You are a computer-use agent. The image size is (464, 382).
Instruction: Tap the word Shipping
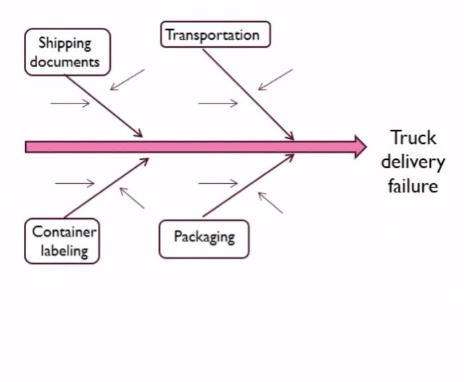coord(64,44)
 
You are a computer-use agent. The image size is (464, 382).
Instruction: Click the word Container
coord(64,232)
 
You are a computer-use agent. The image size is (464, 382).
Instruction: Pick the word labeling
coord(64,251)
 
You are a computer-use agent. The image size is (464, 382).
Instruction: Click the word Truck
coord(413,138)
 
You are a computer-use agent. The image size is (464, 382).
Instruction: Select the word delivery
coord(413,162)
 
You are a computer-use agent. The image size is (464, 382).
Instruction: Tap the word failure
coord(413,185)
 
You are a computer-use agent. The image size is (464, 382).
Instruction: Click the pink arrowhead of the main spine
coord(360,147)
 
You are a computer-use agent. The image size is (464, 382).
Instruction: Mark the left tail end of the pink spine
coord(28,147)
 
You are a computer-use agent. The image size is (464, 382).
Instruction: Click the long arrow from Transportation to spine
coord(248,94)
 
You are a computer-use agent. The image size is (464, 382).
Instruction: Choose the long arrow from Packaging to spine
coord(248,186)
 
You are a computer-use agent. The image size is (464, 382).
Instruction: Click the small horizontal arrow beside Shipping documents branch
coord(70,103)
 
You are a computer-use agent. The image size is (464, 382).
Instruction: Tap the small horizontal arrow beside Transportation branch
coord(217,103)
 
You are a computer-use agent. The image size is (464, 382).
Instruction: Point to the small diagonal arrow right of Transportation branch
coord(275,80)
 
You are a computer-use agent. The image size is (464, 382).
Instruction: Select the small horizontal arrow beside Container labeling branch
coord(74,183)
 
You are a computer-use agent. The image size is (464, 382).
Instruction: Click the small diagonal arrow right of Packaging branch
coord(270,203)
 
